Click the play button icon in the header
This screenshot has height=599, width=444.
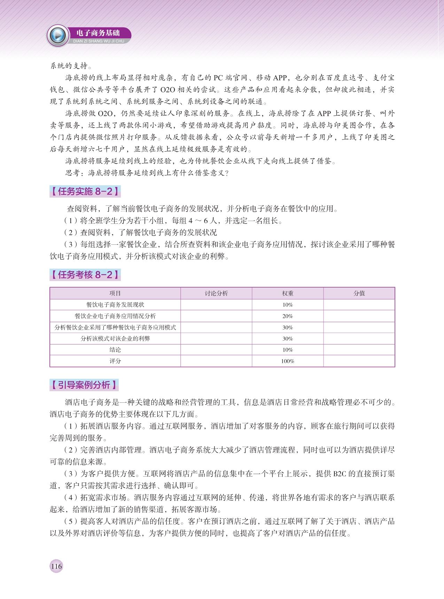[58, 35]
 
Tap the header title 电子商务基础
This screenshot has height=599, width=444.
[98, 33]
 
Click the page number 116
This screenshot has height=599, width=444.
[56, 566]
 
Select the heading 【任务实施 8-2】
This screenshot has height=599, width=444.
[85, 191]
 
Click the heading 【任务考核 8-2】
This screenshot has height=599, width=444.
[85, 275]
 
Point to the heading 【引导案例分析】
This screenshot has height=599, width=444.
[84, 385]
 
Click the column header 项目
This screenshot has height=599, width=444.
[115, 293]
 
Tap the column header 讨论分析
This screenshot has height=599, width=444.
[216, 293]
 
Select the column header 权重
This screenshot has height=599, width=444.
[288, 293]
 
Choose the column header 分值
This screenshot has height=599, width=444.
[359, 293]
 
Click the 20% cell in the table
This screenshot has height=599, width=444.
[288, 316]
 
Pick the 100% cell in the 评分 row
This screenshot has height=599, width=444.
[288, 361]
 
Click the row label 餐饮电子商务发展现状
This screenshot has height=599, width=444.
[115, 305]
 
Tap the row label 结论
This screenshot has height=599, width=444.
[115, 350]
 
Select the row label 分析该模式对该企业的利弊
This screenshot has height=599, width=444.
[115, 339]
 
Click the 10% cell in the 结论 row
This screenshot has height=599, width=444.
[288, 350]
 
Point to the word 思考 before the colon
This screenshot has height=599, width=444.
[73, 173]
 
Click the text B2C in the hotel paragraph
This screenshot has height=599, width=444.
[340, 474]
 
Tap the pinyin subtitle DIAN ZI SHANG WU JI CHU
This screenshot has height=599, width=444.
[99, 41]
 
